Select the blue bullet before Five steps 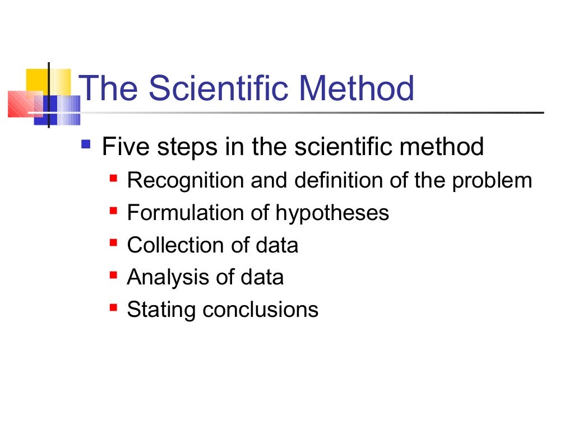(x=85, y=144)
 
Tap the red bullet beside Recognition (x=113, y=179)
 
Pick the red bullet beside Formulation (x=113, y=211)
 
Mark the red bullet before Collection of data (x=113, y=243)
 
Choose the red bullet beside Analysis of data (x=113, y=275)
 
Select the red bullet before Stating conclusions (x=113, y=307)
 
